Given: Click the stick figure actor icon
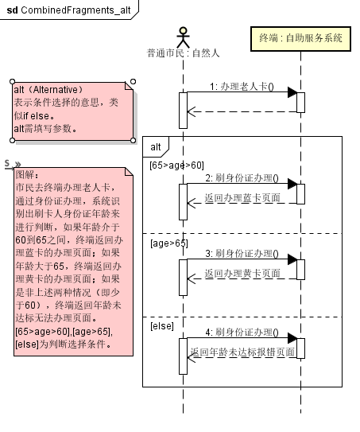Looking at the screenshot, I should (x=184, y=37).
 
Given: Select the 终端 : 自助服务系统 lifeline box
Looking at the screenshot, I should (x=300, y=37).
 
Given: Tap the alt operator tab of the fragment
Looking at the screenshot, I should (x=156, y=146).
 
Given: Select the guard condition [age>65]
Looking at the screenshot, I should (x=168, y=243).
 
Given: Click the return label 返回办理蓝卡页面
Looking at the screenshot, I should (x=242, y=197).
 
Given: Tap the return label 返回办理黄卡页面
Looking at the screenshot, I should (x=242, y=273).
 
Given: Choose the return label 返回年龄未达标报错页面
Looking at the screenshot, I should (x=242, y=351).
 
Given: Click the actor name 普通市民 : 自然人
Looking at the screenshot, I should (x=183, y=53).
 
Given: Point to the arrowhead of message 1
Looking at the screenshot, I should (x=291, y=93).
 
